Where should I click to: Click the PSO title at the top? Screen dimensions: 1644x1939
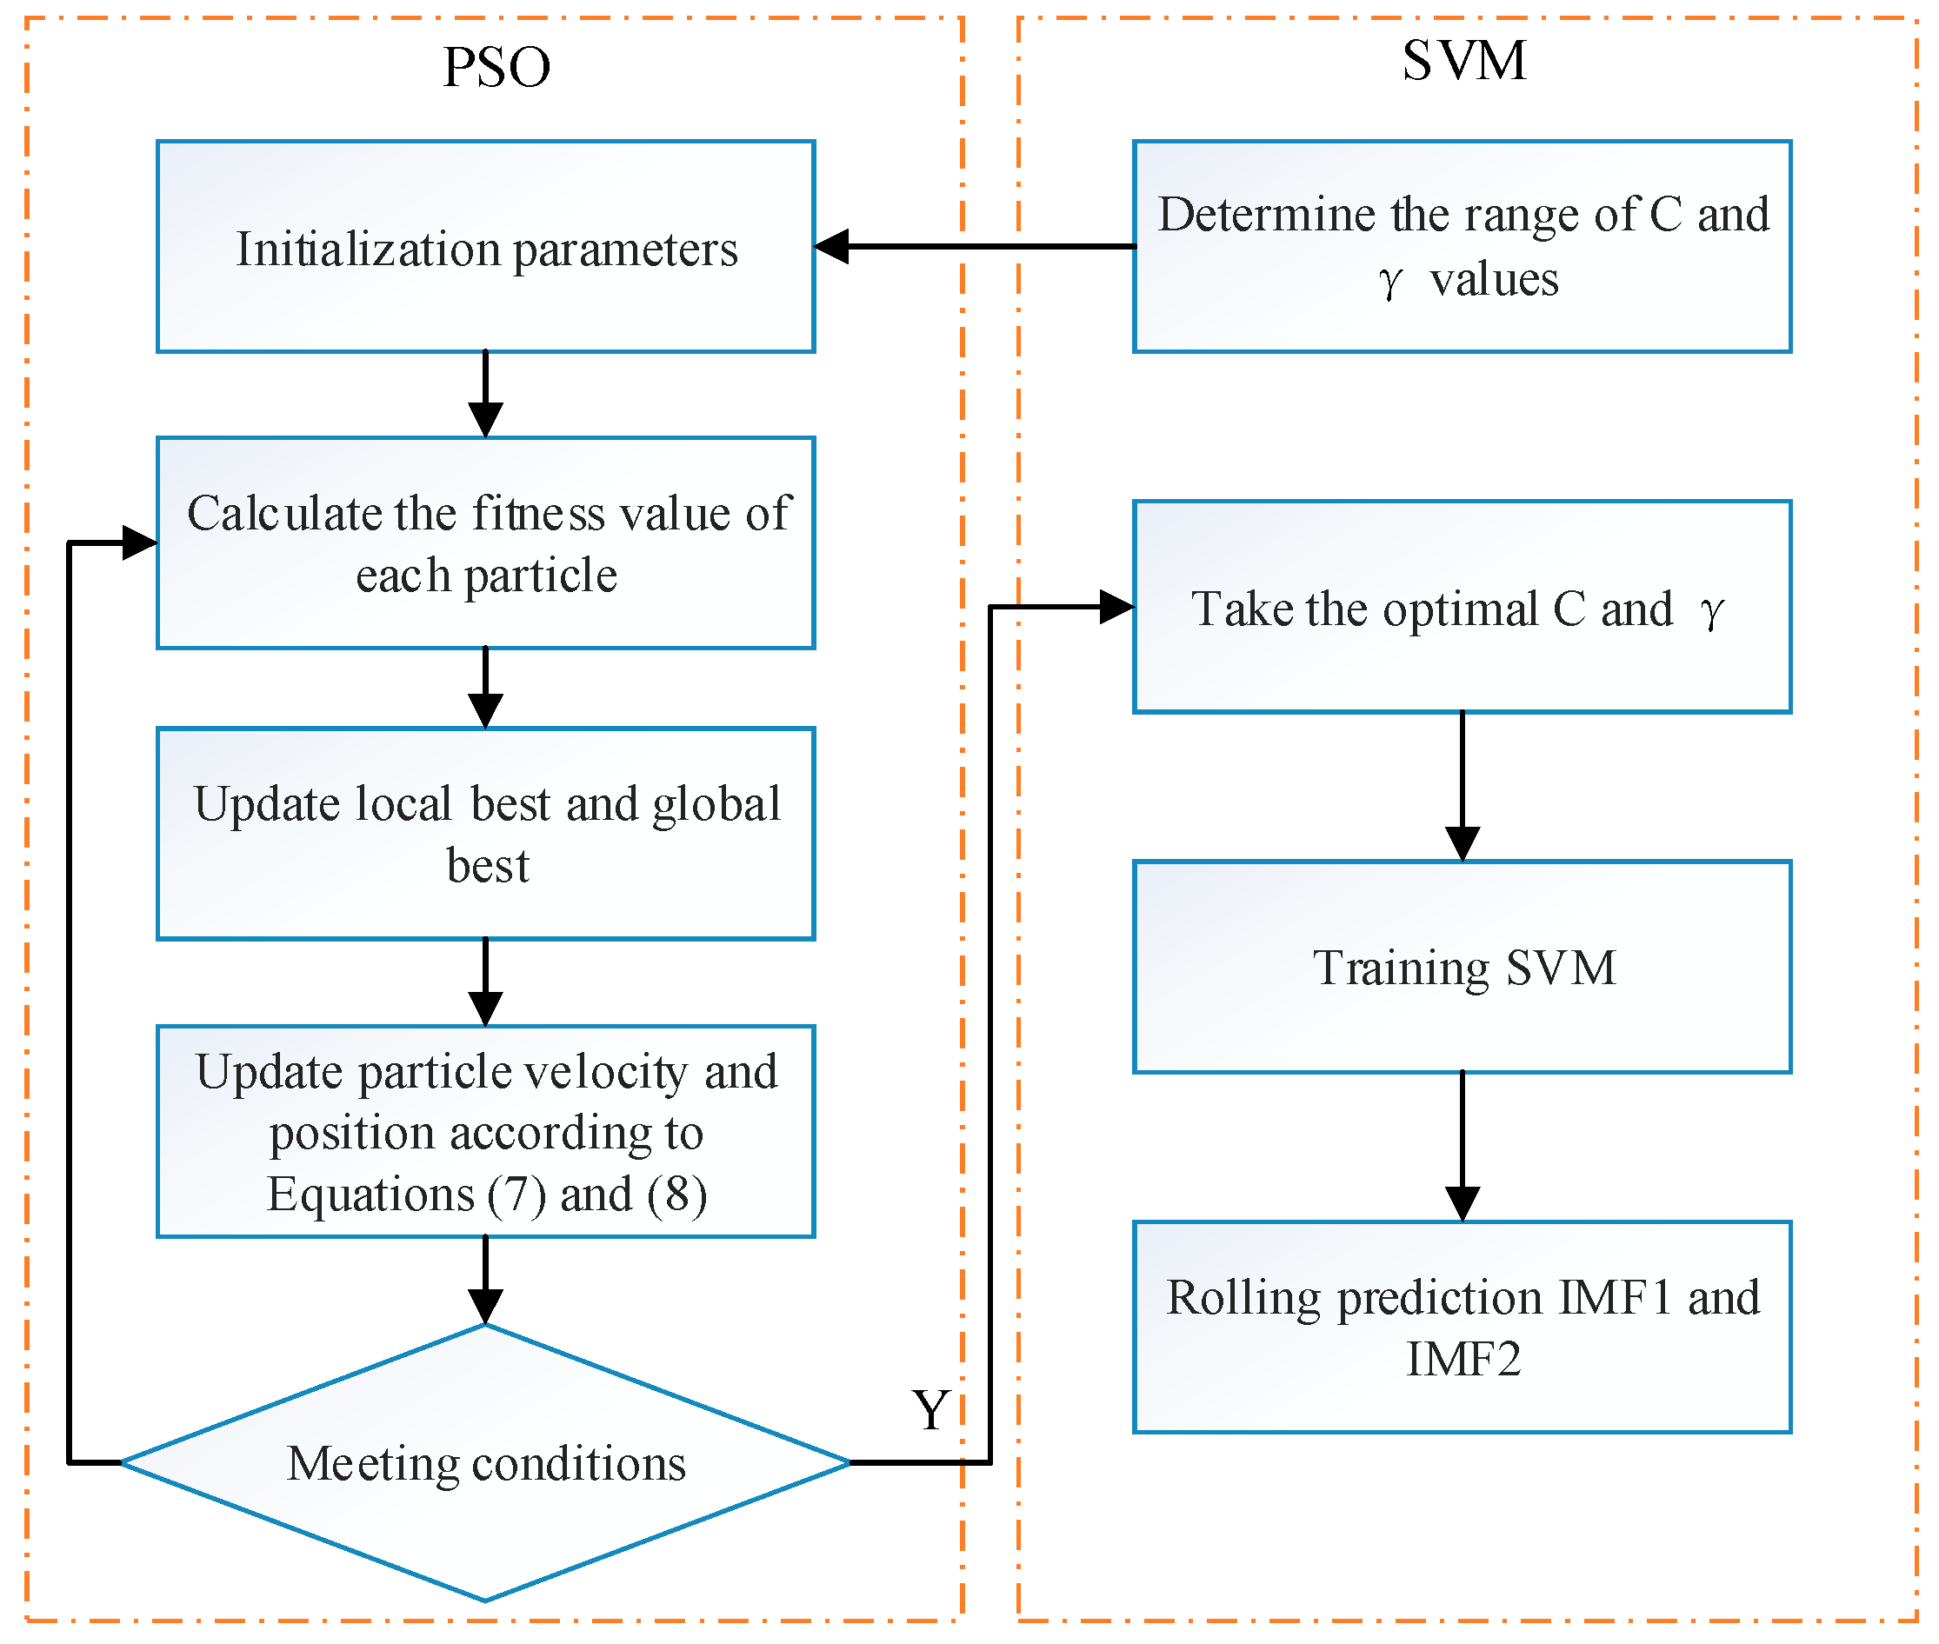click(496, 67)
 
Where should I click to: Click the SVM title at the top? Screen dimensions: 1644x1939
click(1463, 61)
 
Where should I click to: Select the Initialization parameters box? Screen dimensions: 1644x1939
click(486, 247)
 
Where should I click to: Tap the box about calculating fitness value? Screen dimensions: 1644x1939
click(486, 543)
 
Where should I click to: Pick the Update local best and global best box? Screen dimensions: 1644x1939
click(486, 834)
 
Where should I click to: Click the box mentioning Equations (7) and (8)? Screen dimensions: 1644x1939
click(486, 1132)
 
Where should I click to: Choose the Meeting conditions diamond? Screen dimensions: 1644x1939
click(486, 1463)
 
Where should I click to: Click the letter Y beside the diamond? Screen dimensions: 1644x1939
click(930, 1410)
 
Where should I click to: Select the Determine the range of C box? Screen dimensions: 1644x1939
click(1462, 247)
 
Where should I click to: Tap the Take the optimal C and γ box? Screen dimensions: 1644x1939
click(1462, 608)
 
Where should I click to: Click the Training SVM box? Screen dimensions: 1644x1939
click(1462, 968)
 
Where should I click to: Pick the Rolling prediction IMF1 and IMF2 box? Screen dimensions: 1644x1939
click(1462, 1328)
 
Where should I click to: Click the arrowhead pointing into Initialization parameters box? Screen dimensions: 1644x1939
click(831, 247)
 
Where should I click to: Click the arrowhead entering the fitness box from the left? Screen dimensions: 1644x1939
click(140, 542)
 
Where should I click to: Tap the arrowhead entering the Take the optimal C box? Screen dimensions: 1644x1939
click(1116, 607)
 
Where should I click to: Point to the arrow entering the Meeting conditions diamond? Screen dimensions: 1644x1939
click(486, 1282)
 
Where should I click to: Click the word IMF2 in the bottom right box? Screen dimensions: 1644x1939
click(1463, 1359)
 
